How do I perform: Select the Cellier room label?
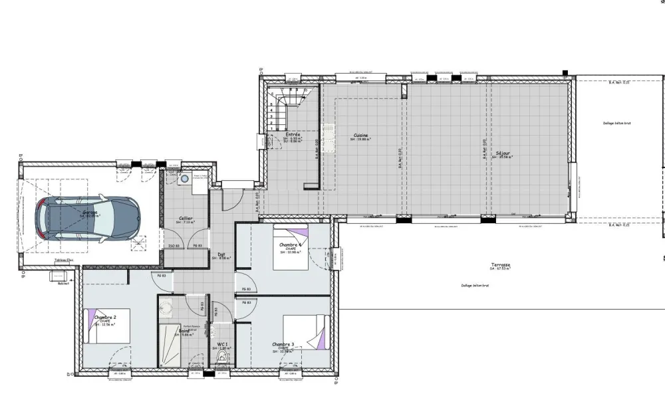(x=186, y=218)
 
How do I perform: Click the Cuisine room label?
(x=361, y=136)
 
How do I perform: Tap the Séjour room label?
(x=503, y=153)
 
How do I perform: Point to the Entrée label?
(x=293, y=134)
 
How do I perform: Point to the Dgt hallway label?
(x=221, y=254)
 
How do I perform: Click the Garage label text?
(x=90, y=212)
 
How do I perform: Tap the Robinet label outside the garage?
(x=63, y=283)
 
